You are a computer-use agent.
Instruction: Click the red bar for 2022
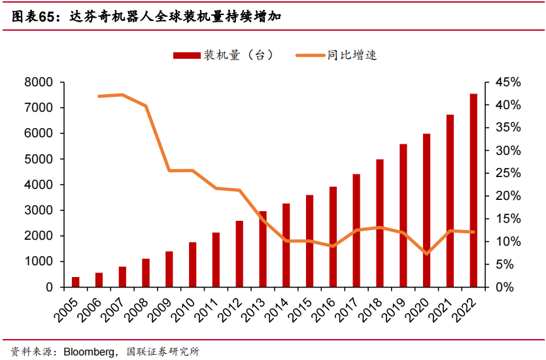coord(473,191)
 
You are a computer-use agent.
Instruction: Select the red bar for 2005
coord(76,282)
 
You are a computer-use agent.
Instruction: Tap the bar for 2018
coord(380,223)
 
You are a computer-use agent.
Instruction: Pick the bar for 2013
coord(263,249)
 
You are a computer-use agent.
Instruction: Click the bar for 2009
coord(169,269)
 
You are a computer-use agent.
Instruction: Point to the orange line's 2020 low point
coord(426,254)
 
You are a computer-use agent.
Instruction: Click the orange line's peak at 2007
coord(122,95)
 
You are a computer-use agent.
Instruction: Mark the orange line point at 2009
coord(169,171)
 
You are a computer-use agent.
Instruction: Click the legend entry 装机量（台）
coord(223,56)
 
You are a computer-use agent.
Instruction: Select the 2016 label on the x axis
coord(323,308)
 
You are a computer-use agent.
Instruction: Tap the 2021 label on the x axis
coord(440,308)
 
